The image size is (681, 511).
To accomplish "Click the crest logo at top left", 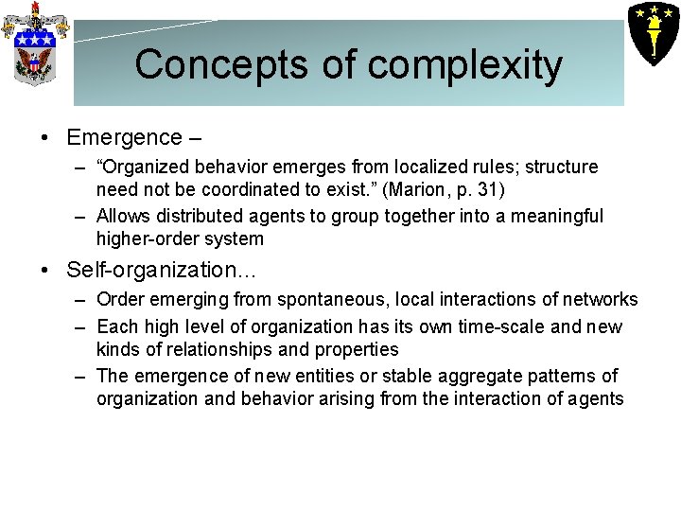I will click(x=35, y=43).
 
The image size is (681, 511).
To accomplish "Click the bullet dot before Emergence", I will click(x=45, y=138).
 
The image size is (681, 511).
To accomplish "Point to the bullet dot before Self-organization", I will click(x=45, y=271).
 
